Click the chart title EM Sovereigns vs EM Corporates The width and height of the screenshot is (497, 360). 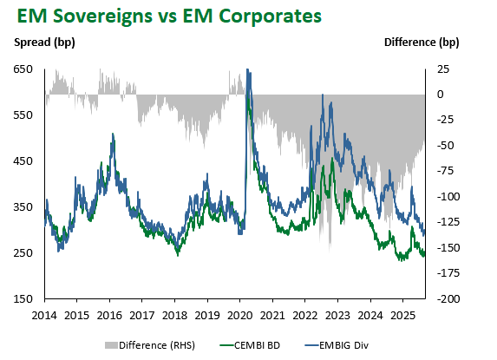(x=169, y=16)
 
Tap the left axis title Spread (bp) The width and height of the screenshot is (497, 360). (x=44, y=43)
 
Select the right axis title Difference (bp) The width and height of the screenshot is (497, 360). (x=422, y=43)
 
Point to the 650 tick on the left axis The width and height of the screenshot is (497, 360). (x=23, y=69)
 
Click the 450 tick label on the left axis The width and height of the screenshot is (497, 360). (x=23, y=161)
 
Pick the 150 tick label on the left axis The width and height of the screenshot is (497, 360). (x=23, y=298)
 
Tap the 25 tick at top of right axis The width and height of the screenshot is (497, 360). (x=443, y=69)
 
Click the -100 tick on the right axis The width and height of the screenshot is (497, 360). (x=448, y=197)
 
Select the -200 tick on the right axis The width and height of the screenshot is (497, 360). (x=448, y=298)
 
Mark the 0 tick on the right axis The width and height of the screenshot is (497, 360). (x=441, y=95)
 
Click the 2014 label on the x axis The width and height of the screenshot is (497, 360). (x=44, y=316)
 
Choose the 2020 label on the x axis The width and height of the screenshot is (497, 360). (x=240, y=316)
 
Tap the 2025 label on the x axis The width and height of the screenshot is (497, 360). (x=402, y=316)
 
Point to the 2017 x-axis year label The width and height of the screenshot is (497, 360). (x=142, y=316)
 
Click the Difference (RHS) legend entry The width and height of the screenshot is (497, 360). (x=150, y=345)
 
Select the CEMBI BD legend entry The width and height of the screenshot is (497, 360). (x=250, y=345)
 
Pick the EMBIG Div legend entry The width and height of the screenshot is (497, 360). (x=337, y=345)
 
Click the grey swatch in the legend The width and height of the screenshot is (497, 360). (x=111, y=345)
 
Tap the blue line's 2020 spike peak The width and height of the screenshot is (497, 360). (x=247, y=69)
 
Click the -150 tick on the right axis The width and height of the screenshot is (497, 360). (x=448, y=248)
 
